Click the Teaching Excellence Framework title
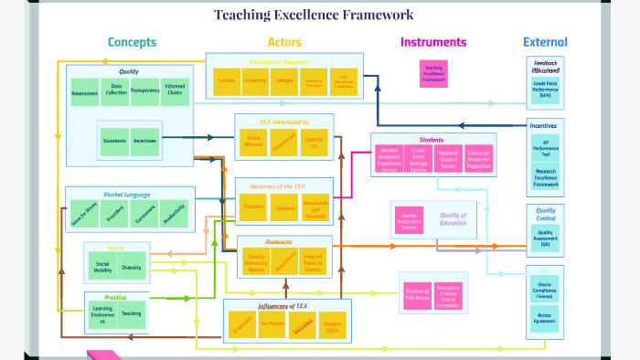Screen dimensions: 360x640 coord(314,15)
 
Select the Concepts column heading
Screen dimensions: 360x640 coord(132,42)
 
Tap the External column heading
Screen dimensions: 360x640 coord(545,42)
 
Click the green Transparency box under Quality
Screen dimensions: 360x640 coord(144,91)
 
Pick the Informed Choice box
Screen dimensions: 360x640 coord(175,91)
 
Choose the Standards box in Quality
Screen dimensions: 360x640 coord(115,142)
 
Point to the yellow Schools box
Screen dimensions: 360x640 coord(227,80)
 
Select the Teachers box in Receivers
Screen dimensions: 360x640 coord(253,207)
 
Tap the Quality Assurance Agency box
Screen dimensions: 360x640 coord(257,261)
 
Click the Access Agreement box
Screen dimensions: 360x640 coord(545,318)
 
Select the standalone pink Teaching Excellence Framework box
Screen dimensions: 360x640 coord(433,74)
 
